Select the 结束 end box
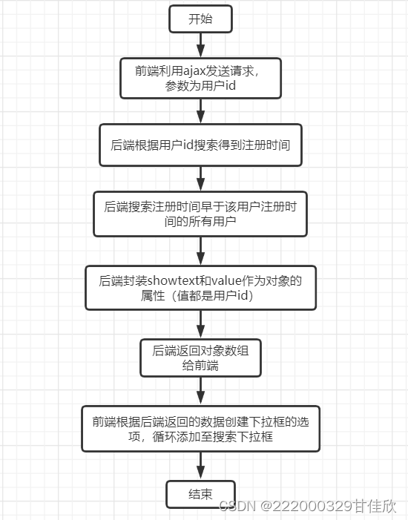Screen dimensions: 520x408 (200, 493)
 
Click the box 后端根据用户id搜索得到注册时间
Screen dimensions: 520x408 (200, 145)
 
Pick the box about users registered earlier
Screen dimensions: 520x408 (200, 214)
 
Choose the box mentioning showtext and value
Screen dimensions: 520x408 (200, 288)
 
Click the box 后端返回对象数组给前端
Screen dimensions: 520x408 (200, 358)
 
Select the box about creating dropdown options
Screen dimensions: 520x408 (200, 429)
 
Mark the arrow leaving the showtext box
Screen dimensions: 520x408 (200, 324)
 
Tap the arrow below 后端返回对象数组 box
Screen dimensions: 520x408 (200, 390)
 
